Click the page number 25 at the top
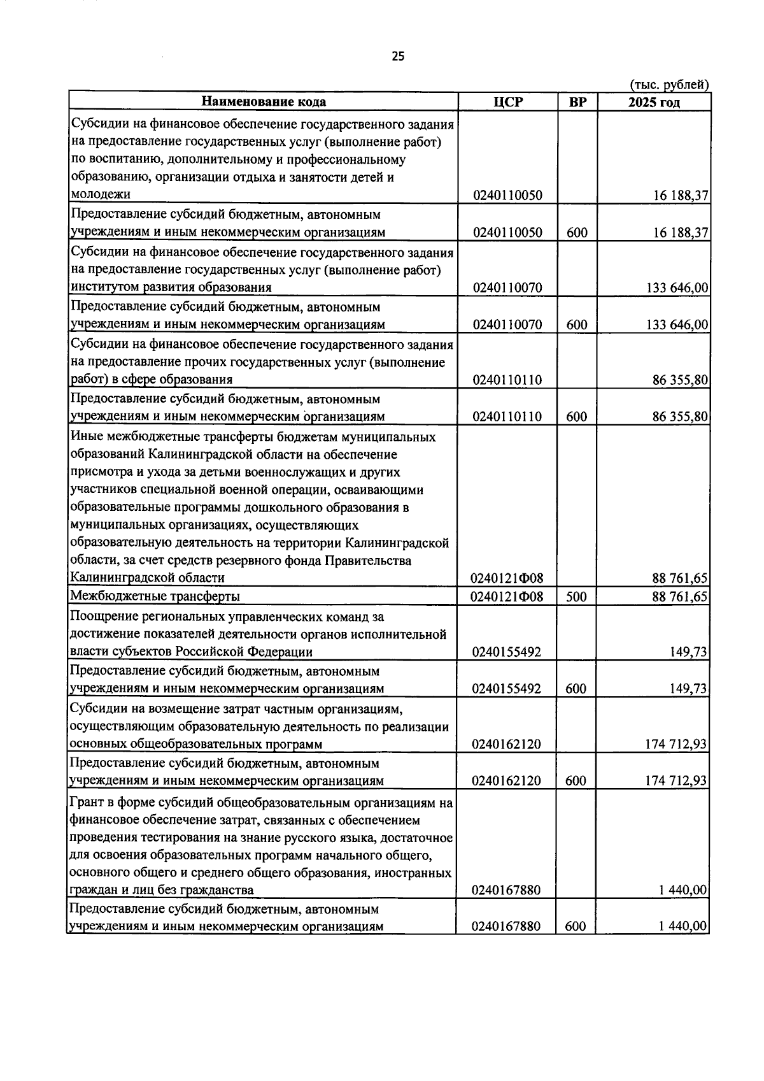tap(398, 57)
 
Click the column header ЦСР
tap(507, 102)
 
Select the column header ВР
tap(577, 102)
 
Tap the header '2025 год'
tap(653, 102)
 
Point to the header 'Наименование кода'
tap(264, 102)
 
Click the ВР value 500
tap(576, 597)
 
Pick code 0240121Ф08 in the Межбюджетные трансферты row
tap(507, 597)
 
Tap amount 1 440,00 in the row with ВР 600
tap(683, 926)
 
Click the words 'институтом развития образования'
tap(171, 287)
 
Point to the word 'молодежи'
tap(101, 194)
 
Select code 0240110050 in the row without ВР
tap(507, 196)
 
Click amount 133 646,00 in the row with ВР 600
tap(677, 325)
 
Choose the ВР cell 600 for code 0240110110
tap(576, 417)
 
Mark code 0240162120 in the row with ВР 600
tap(507, 781)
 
